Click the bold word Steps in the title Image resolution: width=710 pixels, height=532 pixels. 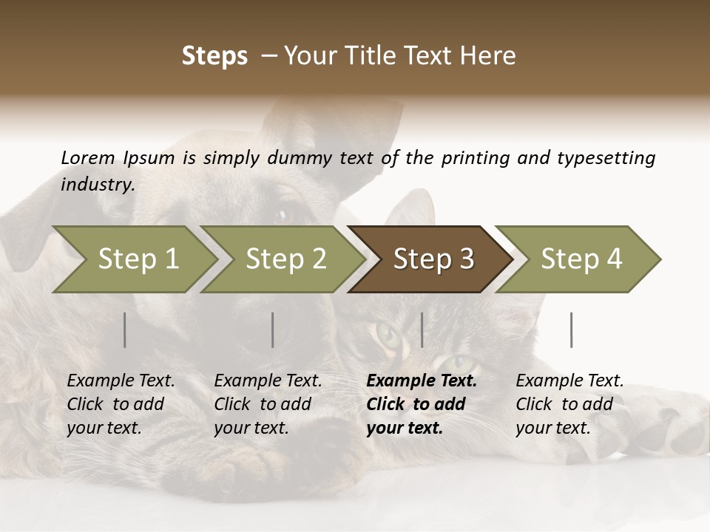(x=214, y=56)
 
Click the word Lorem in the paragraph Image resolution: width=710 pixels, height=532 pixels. (x=88, y=157)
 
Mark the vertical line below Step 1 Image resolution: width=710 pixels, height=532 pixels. (x=125, y=330)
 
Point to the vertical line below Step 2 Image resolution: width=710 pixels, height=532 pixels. (x=273, y=330)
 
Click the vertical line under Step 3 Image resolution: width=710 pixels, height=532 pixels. (x=422, y=330)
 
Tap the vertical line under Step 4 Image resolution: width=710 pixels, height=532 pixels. (x=572, y=330)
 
